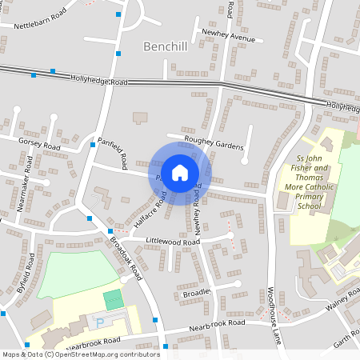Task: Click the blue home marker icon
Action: point(180,172)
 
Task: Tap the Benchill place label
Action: point(165,47)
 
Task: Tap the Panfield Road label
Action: point(113,153)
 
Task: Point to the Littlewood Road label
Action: point(172,241)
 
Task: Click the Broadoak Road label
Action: point(126,257)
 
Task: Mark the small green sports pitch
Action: point(114,300)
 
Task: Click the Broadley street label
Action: point(196,293)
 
